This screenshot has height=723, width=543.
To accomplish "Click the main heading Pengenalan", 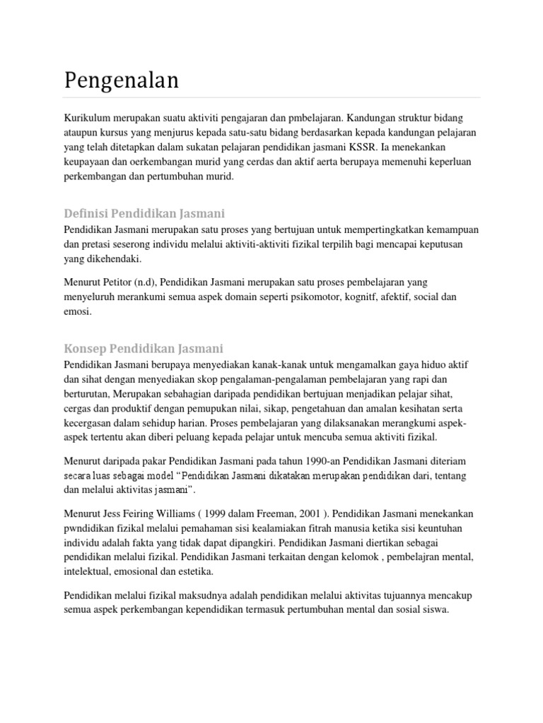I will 121,80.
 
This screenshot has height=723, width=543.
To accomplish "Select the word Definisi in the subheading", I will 86,213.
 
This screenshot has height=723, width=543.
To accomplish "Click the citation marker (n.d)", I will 159,282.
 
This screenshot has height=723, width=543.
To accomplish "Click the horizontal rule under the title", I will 272,97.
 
